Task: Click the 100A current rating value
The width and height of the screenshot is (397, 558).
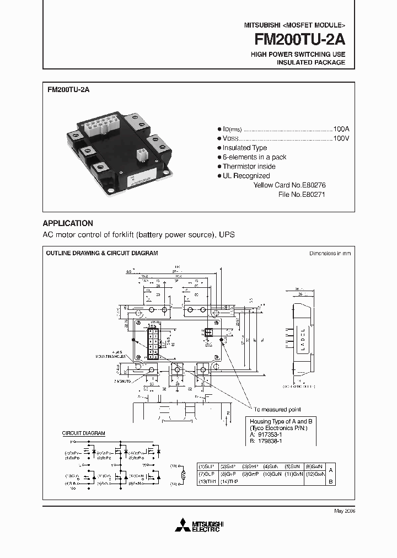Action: tap(341, 129)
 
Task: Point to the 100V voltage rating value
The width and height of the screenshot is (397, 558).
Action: tap(341, 138)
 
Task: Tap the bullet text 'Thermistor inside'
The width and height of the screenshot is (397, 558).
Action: tap(249, 167)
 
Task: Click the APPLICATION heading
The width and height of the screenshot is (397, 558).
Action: tap(68, 223)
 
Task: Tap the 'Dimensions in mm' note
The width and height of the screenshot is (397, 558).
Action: tap(330, 254)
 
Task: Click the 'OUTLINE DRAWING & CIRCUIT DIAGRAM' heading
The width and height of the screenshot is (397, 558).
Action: tap(101, 253)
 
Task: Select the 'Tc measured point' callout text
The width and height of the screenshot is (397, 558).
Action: tap(277, 410)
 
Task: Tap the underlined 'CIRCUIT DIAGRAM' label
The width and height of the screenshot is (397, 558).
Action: tap(83, 434)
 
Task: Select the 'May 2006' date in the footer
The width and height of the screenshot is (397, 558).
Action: tap(345, 511)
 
